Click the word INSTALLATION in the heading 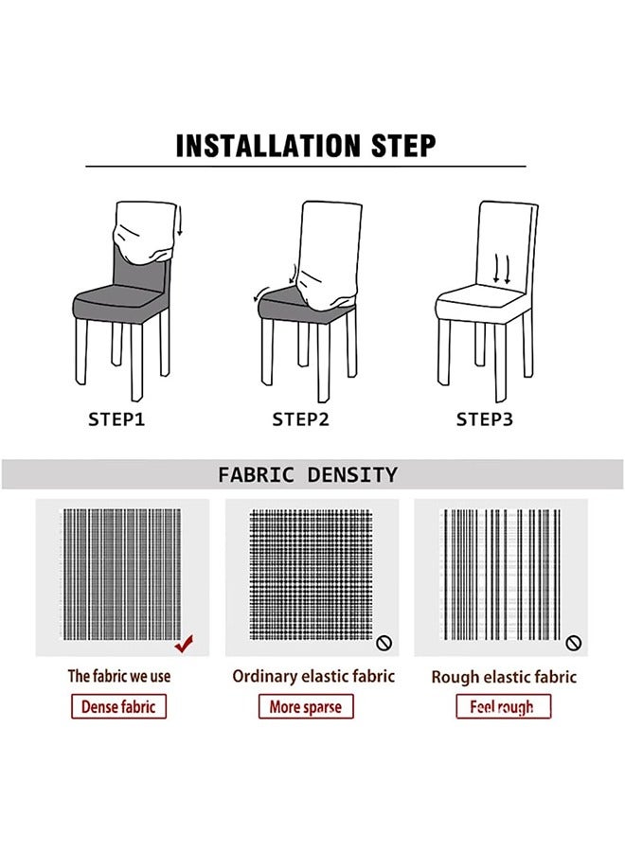click(x=259, y=146)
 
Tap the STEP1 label click(x=116, y=418)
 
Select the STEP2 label click(x=300, y=418)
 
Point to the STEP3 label click(x=484, y=418)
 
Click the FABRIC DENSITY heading click(x=308, y=474)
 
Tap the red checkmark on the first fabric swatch click(x=187, y=645)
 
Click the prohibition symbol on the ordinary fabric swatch click(x=384, y=643)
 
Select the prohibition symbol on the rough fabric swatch click(x=573, y=643)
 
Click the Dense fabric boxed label click(x=118, y=706)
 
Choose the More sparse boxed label click(x=305, y=706)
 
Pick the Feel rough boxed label click(x=502, y=706)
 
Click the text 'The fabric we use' click(x=119, y=676)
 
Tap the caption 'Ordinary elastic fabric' click(x=313, y=676)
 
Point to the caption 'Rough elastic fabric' click(x=504, y=677)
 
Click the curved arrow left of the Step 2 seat click(x=260, y=291)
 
